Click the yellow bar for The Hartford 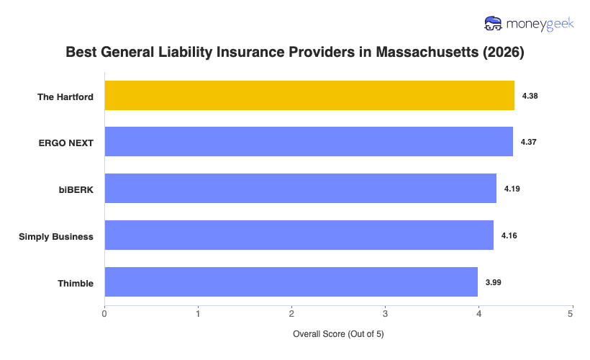coord(309,96)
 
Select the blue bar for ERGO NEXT coord(309,142)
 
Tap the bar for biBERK coord(300,189)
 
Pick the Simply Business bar coord(299,235)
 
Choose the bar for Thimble coord(291,282)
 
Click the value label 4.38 coord(530,96)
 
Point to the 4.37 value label coord(529,142)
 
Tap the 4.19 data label coord(512,189)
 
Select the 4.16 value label coord(509,235)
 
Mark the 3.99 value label coord(494,282)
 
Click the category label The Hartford coord(65,96)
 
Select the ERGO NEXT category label coord(66,143)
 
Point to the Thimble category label coord(76,283)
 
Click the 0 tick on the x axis coord(105,313)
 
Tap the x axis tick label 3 coord(385,313)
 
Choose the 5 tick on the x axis coord(571,313)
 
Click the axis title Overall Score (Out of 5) coord(338,335)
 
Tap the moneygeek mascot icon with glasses coord(493,24)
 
